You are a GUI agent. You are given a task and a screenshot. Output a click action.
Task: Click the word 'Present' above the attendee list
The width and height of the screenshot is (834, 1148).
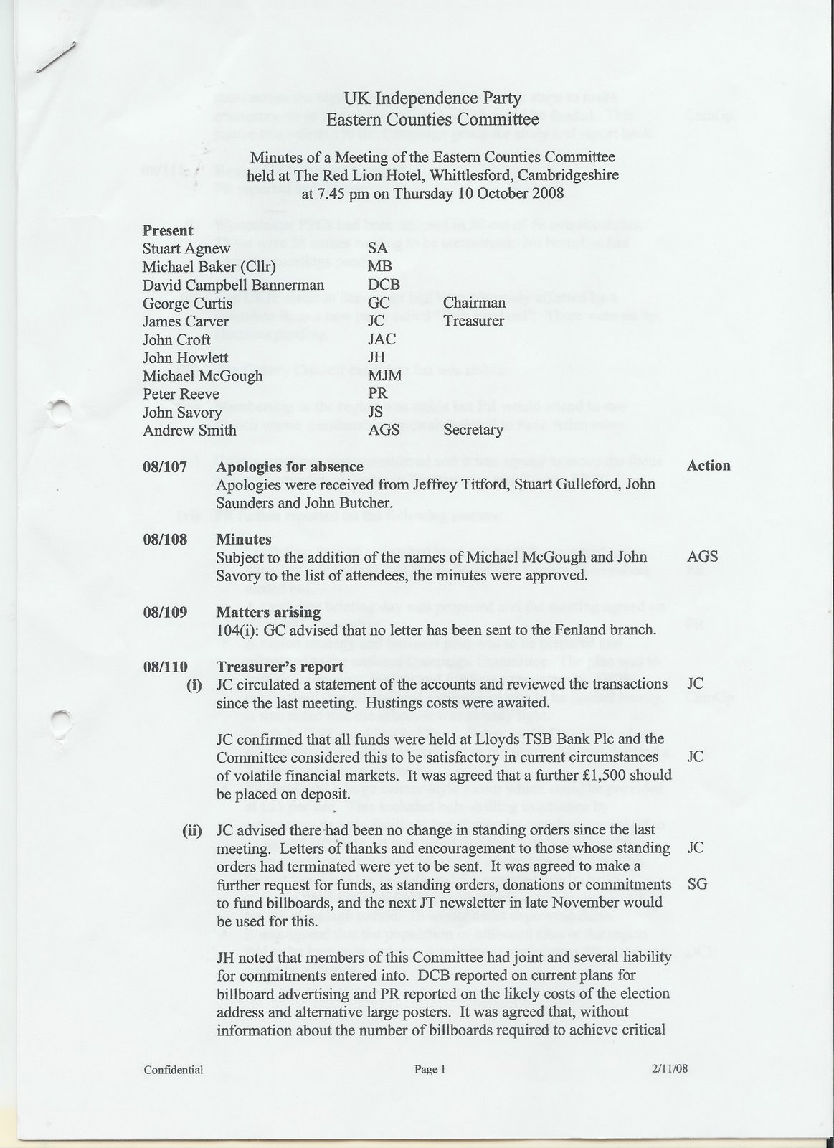click(168, 230)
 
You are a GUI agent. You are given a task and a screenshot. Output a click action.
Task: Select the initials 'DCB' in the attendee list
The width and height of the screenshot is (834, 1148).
click(384, 285)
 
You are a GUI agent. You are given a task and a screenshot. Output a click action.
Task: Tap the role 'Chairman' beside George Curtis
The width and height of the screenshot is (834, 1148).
click(474, 303)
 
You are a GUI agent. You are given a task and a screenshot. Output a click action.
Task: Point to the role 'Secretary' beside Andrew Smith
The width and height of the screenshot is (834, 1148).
click(473, 430)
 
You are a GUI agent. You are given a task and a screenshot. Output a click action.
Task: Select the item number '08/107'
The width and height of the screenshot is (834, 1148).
click(165, 467)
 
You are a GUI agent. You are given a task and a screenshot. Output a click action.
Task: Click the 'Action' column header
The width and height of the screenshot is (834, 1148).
click(709, 465)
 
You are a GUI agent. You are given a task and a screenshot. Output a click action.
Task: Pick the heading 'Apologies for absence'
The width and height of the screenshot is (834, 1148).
click(290, 467)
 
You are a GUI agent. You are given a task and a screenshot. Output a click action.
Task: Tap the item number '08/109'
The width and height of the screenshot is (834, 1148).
click(165, 613)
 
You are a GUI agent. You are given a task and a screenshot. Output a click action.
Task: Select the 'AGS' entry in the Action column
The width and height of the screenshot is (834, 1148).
click(702, 557)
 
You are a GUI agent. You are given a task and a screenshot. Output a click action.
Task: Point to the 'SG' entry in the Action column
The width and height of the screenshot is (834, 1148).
click(697, 884)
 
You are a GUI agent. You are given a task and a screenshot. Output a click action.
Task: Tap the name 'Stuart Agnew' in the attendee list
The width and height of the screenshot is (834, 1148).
click(186, 248)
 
